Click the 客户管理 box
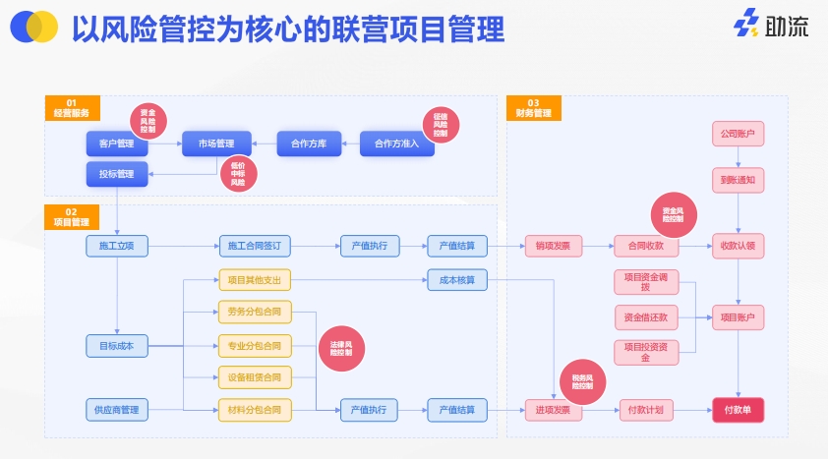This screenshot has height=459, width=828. (116, 143)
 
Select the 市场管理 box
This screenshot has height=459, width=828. (215, 143)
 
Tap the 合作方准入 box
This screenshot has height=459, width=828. (396, 143)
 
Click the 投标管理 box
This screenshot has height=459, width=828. (116, 174)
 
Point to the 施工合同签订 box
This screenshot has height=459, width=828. (254, 246)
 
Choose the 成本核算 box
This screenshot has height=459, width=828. (457, 280)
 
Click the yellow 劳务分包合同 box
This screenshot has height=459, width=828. (254, 313)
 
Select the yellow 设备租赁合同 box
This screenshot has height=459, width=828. (254, 376)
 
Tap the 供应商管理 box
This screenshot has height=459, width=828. (116, 409)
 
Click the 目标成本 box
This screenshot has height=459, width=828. (116, 345)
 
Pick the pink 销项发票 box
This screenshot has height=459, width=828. (553, 246)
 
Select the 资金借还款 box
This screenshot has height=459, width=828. (645, 316)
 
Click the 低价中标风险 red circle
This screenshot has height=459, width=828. (238, 174)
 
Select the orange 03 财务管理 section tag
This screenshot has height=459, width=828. (533, 107)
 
